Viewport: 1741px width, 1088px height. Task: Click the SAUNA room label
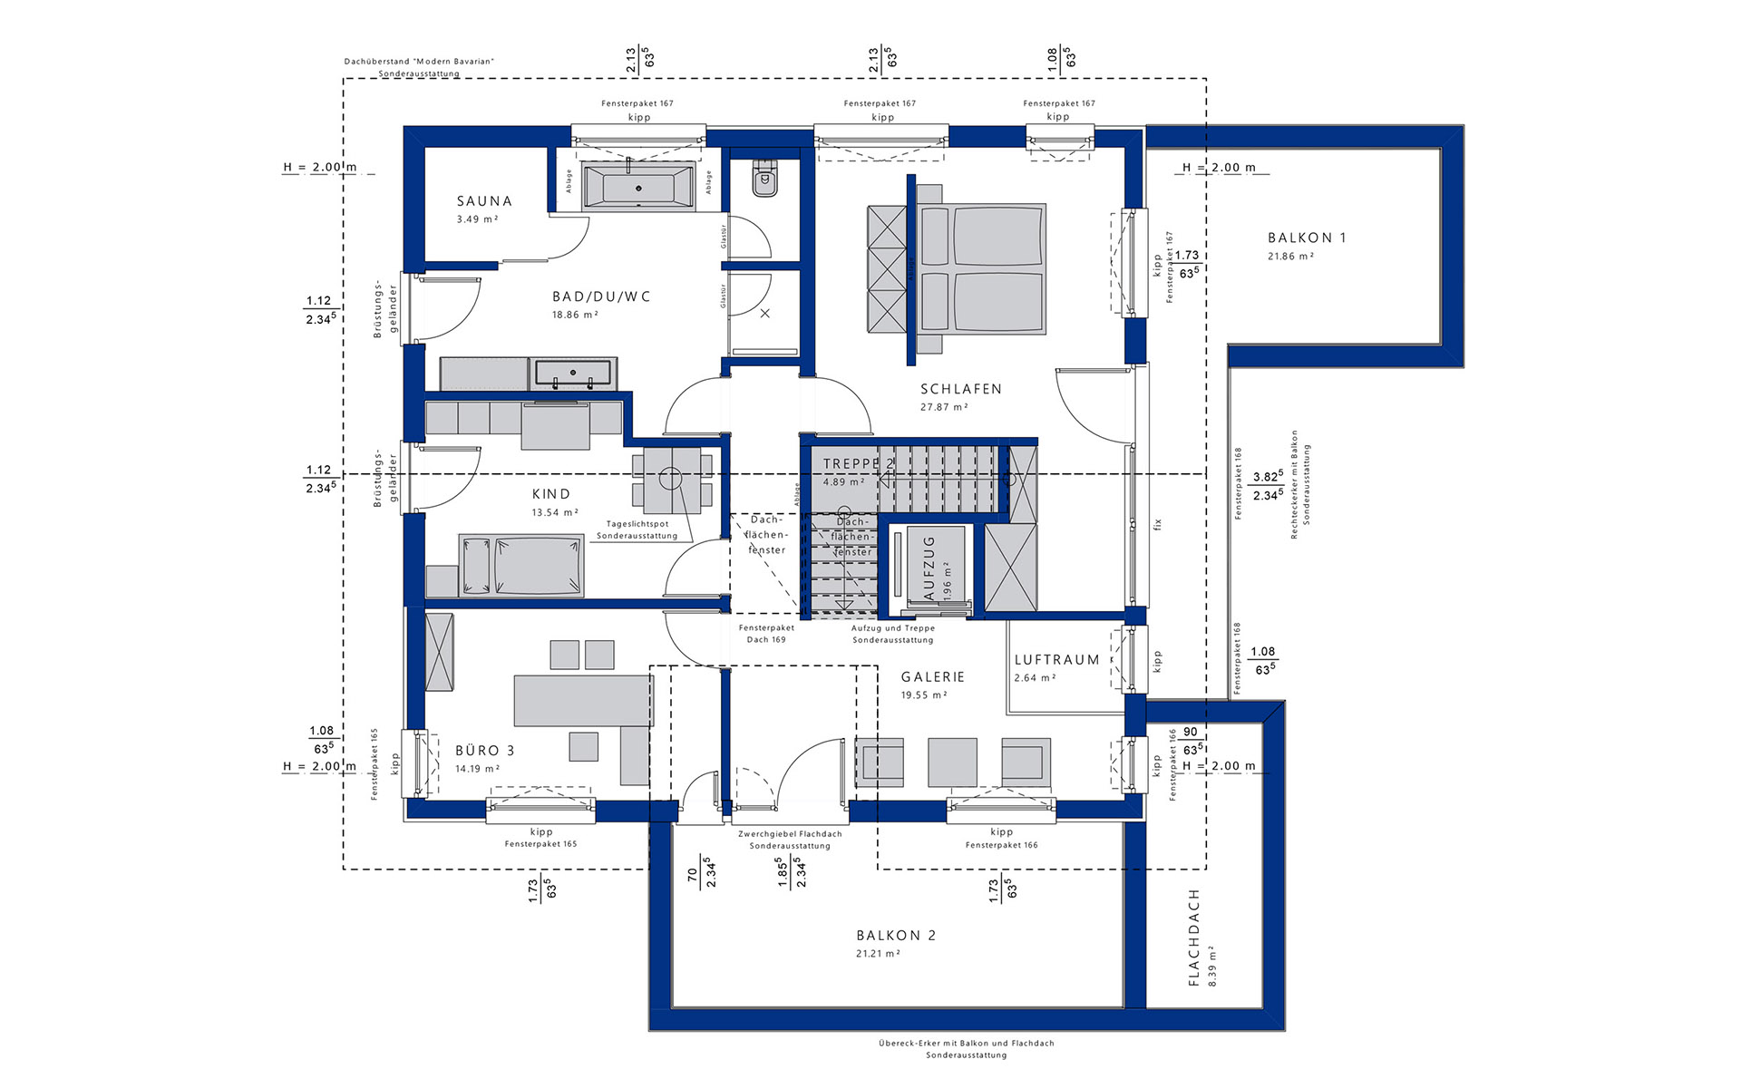484,201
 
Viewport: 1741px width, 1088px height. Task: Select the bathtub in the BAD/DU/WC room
638,189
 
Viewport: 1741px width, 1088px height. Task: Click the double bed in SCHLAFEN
982,268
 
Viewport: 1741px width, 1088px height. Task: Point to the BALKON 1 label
1307,238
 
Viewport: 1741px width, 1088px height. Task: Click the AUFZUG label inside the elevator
929,568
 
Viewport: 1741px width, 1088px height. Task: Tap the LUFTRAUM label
1056,660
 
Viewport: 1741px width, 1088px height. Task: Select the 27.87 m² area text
944,407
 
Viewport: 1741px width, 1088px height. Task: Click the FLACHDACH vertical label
1194,937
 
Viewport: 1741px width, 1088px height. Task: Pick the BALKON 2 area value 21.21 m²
878,954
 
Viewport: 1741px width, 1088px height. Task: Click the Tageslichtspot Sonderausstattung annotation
637,529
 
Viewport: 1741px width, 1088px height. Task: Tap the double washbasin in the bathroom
573,373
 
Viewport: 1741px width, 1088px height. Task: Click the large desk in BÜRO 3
582,700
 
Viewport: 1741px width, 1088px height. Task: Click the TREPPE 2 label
858,463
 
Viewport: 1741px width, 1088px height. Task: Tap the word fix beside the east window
1157,524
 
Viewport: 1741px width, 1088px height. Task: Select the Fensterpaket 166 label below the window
1001,845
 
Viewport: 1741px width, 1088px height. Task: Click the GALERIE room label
932,677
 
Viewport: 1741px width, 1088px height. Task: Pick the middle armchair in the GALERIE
952,762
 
